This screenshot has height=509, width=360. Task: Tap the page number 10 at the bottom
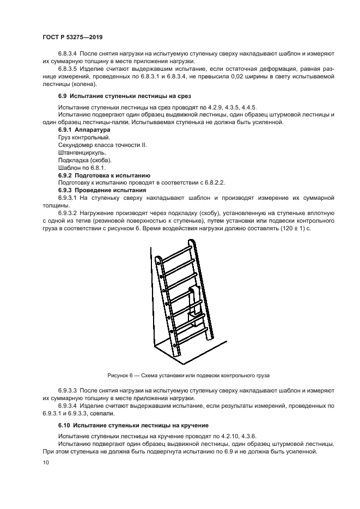(45, 462)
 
